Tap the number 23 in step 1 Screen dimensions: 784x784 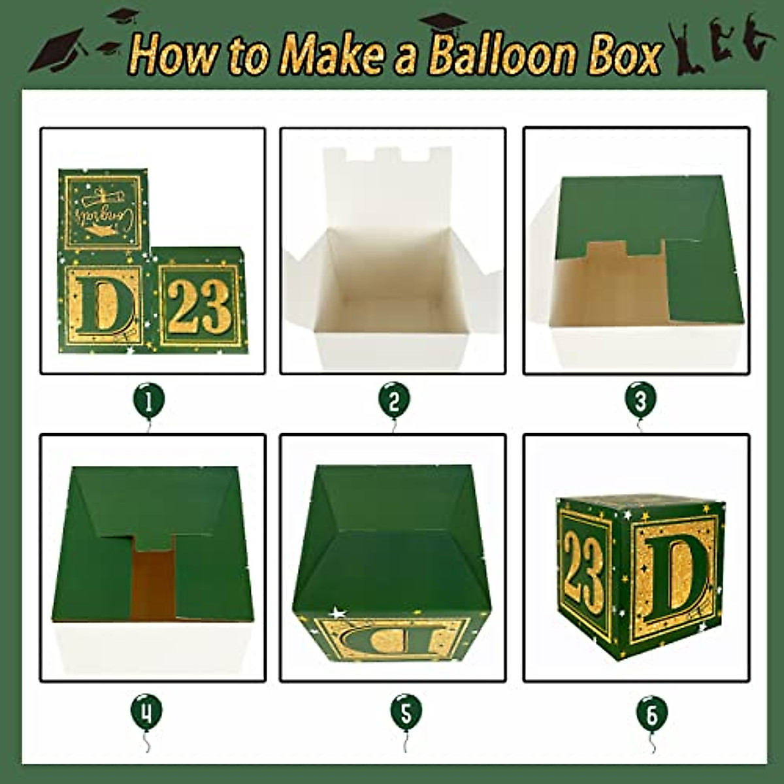[196, 306]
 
